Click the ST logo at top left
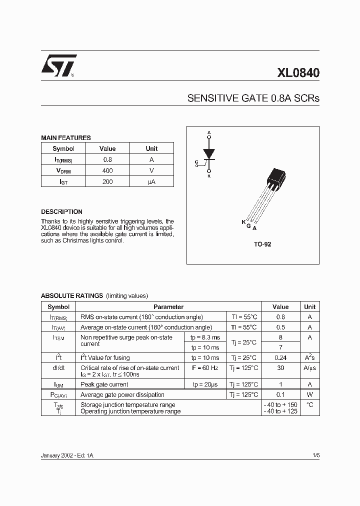coord(58,65)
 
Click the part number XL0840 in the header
coord(298,73)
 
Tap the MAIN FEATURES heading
coord(65,137)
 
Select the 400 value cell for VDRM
coord(107,171)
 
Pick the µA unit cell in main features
coord(151,182)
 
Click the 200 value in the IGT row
coord(107,182)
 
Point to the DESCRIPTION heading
coord(61,211)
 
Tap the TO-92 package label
coord(262,244)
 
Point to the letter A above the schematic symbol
coord(209,132)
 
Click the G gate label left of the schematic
coord(196,162)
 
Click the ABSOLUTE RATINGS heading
coord(72,295)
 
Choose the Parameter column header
coord(168,307)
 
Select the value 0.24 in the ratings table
coord(280,358)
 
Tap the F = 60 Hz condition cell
coord(205,368)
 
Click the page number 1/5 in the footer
coord(315,456)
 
